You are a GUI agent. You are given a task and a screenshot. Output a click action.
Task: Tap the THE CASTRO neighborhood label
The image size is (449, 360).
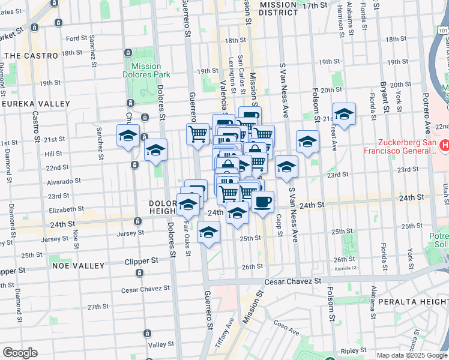pos(31,55)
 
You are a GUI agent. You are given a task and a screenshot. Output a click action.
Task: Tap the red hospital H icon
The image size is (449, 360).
pos(445,145)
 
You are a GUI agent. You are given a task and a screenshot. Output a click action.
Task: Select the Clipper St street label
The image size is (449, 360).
pos(141,262)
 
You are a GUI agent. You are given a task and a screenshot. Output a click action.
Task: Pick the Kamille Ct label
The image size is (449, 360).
pos(346,268)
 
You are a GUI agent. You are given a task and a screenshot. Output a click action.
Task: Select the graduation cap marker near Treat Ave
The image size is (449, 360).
pos(344,114)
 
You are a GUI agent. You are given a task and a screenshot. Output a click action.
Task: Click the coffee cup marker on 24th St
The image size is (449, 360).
pos(262,202)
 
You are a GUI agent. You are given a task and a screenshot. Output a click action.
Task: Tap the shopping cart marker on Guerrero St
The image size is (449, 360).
pos(197,133)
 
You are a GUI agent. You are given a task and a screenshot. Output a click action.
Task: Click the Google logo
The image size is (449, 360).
pos(20,353)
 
